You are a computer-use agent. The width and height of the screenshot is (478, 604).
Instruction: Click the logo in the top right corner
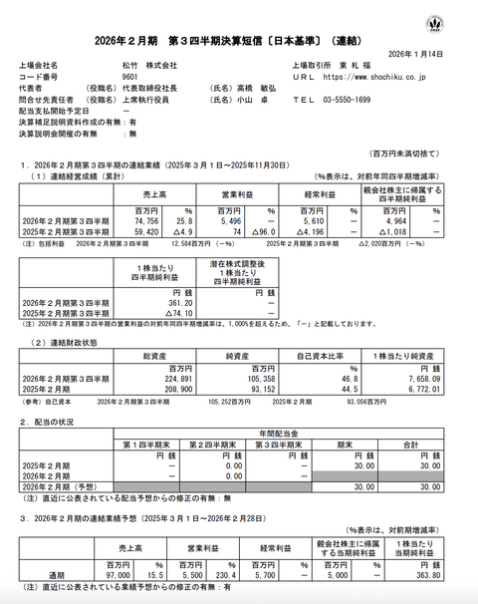point(461,21)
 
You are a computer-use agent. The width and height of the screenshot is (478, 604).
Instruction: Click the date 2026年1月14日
point(437,53)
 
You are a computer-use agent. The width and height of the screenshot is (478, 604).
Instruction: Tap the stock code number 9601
point(129,75)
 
